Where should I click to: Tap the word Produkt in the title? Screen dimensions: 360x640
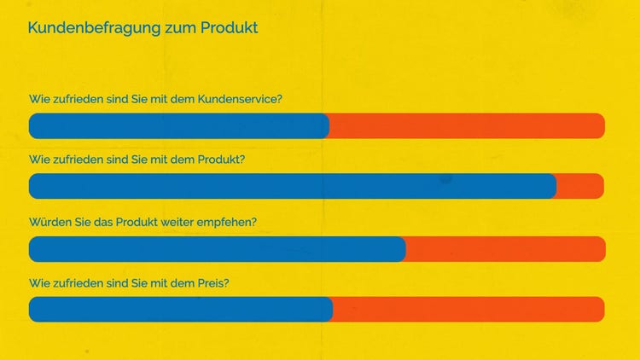point(230,28)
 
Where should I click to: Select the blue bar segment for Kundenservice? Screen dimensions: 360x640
point(178,126)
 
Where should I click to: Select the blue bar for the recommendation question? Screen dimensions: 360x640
point(217,249)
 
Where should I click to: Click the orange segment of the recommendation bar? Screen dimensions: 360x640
point(505,249)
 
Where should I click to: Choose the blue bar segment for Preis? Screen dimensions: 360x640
point(180,310)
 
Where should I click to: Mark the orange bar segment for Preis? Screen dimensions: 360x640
point(468,310)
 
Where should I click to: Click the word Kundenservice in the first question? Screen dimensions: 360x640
point(240,99)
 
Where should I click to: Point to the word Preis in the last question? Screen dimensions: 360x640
point(213,282)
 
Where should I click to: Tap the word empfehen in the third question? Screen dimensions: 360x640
point(230,222)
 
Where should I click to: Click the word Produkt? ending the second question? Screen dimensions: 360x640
point(221,160)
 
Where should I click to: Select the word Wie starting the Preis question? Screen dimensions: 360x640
point(39,282)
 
